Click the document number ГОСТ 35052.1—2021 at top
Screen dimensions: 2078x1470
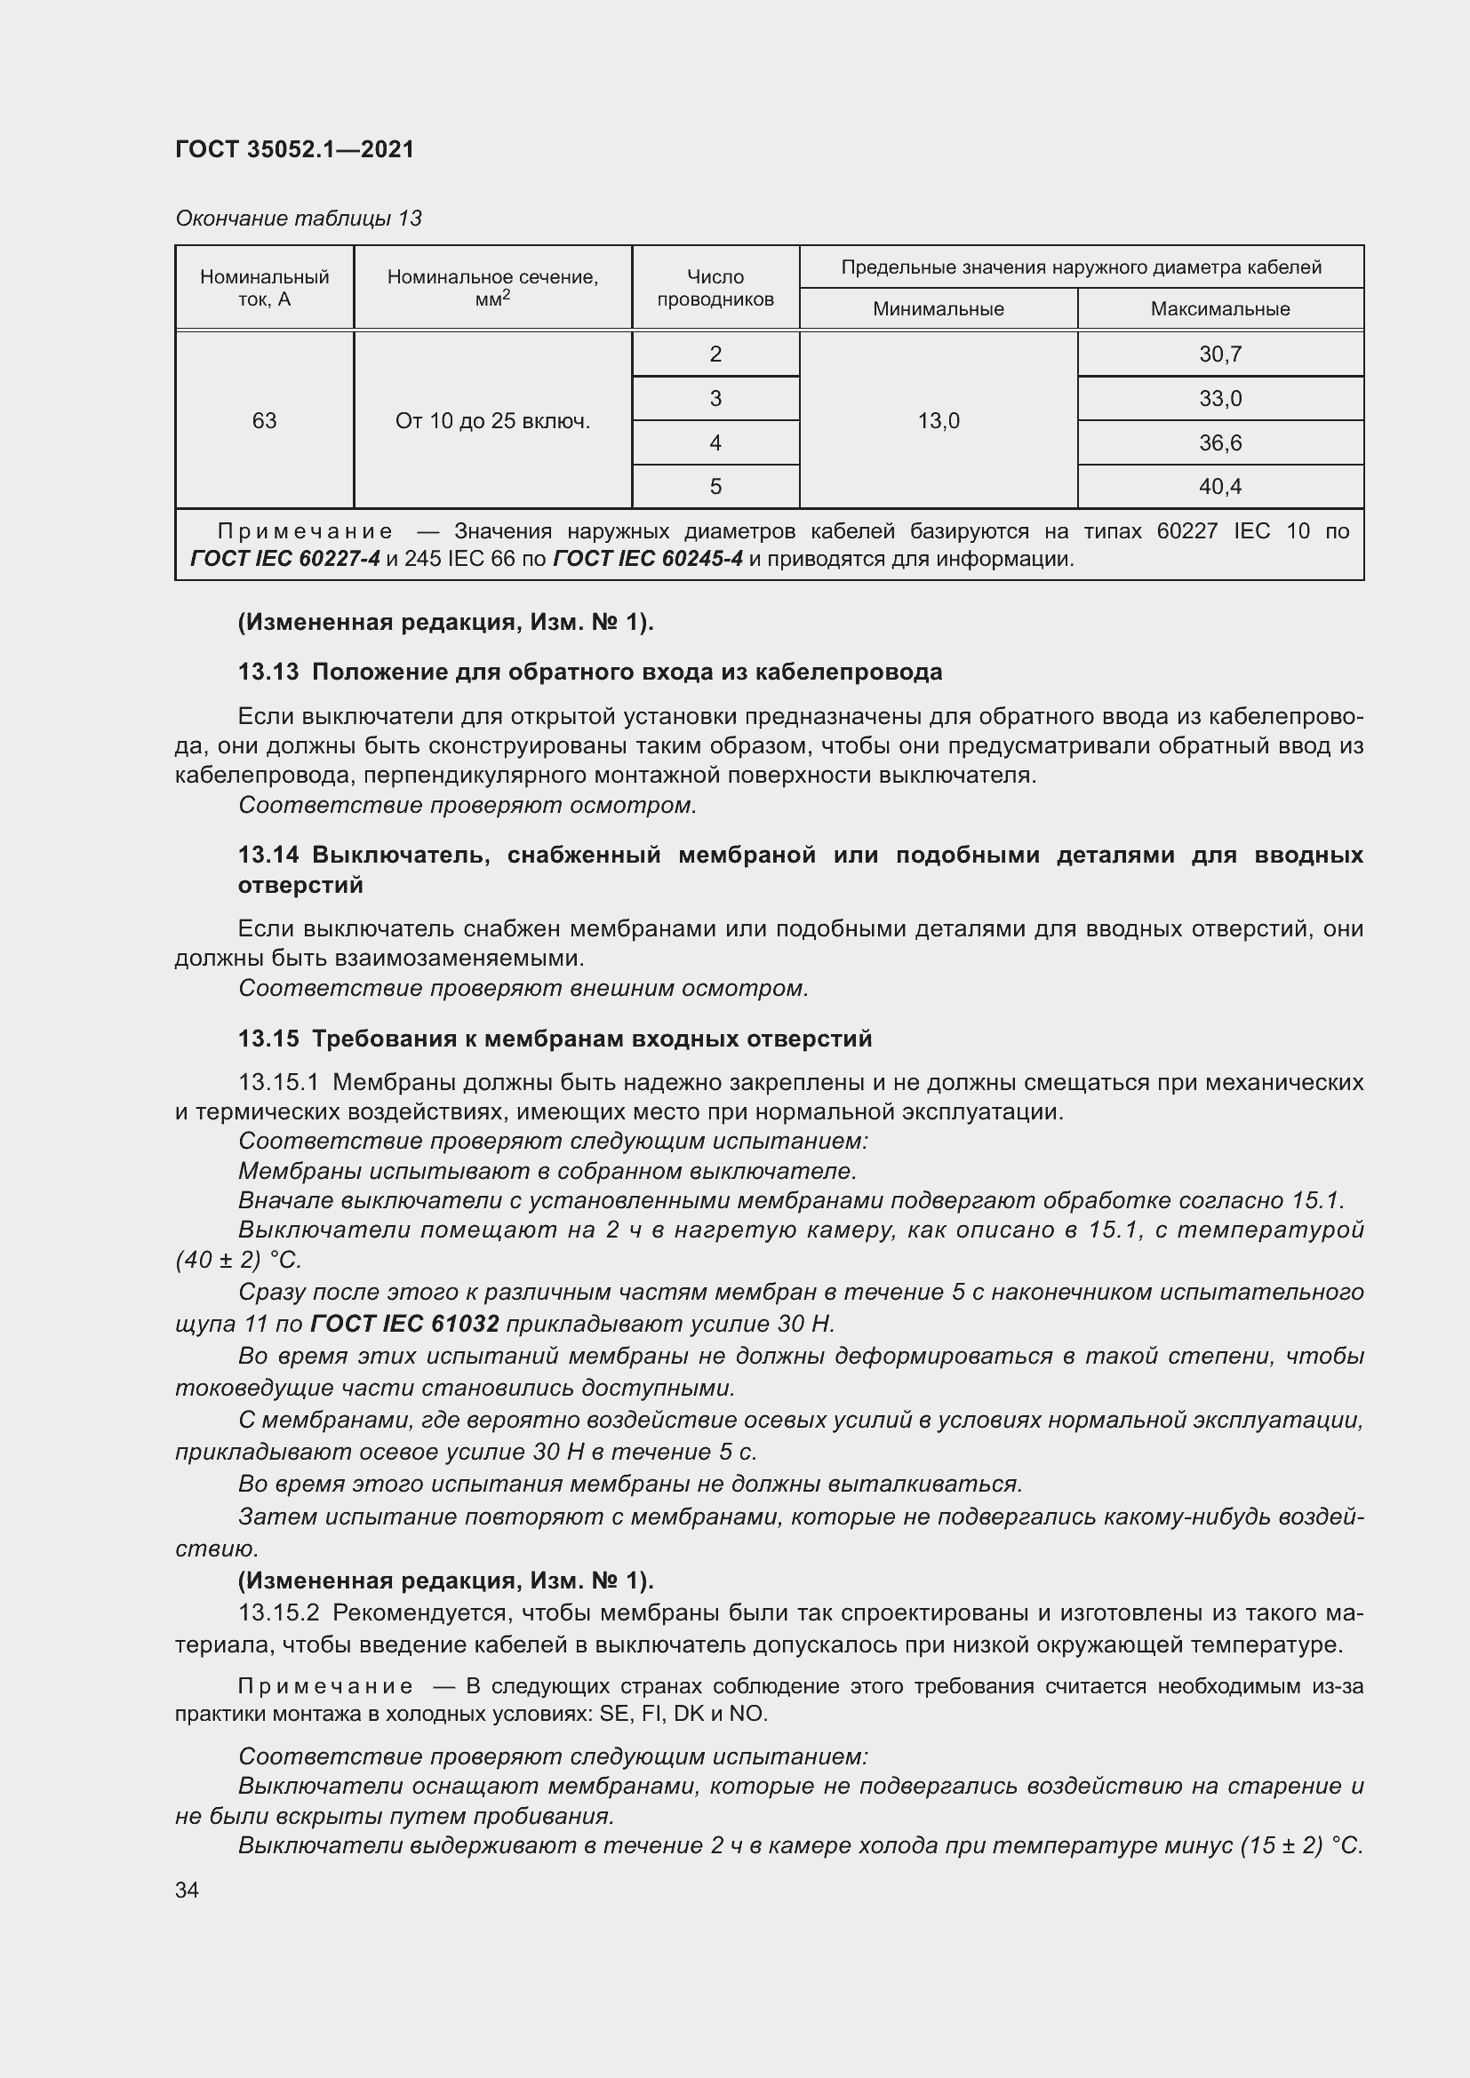click(x=294, y=149)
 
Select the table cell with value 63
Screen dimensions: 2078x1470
click(x=264, y=421)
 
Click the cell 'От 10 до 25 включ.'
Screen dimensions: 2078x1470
click(x=492, y=421)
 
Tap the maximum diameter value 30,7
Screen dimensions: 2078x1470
click(x=1219, y=354)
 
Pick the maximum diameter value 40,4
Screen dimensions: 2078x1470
click(x=1219, y=487)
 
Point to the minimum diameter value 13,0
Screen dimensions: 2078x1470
click(x=938, y=421)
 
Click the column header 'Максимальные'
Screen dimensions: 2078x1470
click(x=1219, y=309)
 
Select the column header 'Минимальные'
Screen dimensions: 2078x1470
click(x=938, y=309)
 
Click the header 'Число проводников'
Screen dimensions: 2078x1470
click(x=715, y=288)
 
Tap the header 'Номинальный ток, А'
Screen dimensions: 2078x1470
click(x=264, y=288)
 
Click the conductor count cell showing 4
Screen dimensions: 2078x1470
click(x=715, y=442)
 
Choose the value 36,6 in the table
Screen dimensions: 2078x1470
click(x=1219, y=442)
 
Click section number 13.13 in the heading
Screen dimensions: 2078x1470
click(x=268, y=672)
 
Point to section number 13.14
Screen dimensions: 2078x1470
click(x=268, y=855)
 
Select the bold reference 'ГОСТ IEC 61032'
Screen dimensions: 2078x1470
click(x=403, y=1324)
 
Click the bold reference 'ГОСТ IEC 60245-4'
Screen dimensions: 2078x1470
click(x=647, y=560)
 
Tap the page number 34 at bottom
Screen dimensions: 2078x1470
click(x=187, y=1891)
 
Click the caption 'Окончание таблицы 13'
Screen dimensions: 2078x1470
click(x=298, y=219)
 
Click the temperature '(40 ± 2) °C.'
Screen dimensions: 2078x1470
click(x=238, y=1260)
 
